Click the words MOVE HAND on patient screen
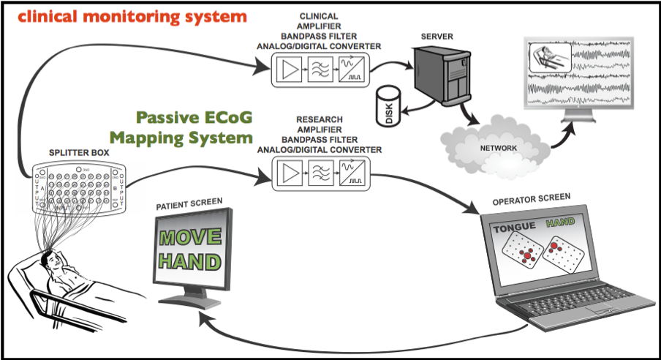(x=189, y=248)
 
